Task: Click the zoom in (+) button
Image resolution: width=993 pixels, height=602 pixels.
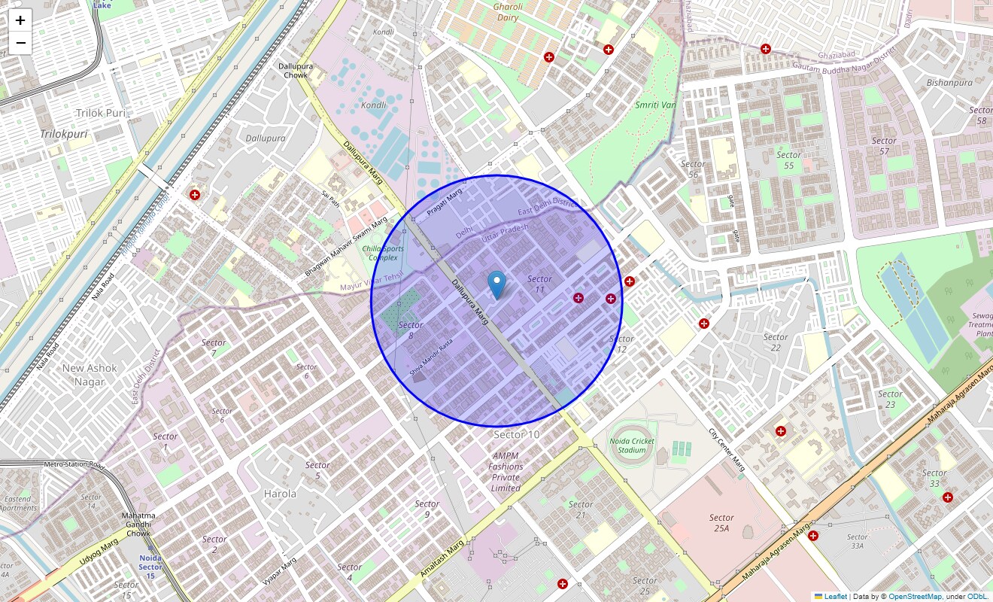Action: (x=20, y=20)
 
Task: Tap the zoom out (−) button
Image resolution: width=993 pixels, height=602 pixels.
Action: (x=20, y=43)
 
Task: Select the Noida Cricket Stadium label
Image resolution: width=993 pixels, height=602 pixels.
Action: (x=631, y=445)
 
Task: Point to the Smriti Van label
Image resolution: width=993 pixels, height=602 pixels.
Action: (x=655, y=105)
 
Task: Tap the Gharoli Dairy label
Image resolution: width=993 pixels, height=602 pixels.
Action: (x=507, y=12)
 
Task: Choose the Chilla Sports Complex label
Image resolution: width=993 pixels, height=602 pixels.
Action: (x=383, y=253)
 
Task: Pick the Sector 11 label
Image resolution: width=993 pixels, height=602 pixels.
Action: (x=539, y=284)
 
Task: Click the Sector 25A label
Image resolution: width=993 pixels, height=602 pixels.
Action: (x=721, y=522)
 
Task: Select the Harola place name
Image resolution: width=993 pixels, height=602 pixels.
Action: (x=280, y=494)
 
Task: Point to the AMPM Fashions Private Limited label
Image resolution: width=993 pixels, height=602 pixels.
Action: (x=506, y=472)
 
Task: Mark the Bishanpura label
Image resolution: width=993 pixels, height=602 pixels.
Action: (x=949, y=83)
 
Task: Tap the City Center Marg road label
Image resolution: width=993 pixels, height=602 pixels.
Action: (x=727, y=450)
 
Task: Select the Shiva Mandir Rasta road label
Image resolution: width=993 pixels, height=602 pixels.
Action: (x=431, y=358)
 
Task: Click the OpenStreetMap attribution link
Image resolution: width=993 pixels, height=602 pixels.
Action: (x=915, y=596)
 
